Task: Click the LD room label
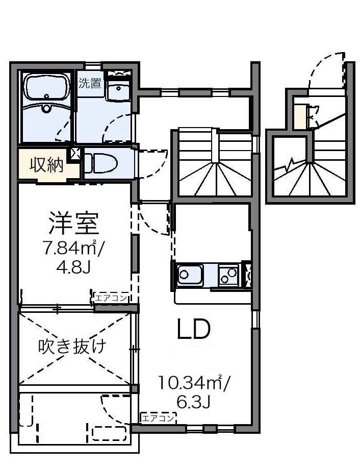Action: tap(193, 331)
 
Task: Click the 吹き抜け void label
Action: tap(72, 347)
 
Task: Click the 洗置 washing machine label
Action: tap(90, 83)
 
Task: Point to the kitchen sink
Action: tap(189, 276)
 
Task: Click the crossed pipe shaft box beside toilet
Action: tap(76, 152)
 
